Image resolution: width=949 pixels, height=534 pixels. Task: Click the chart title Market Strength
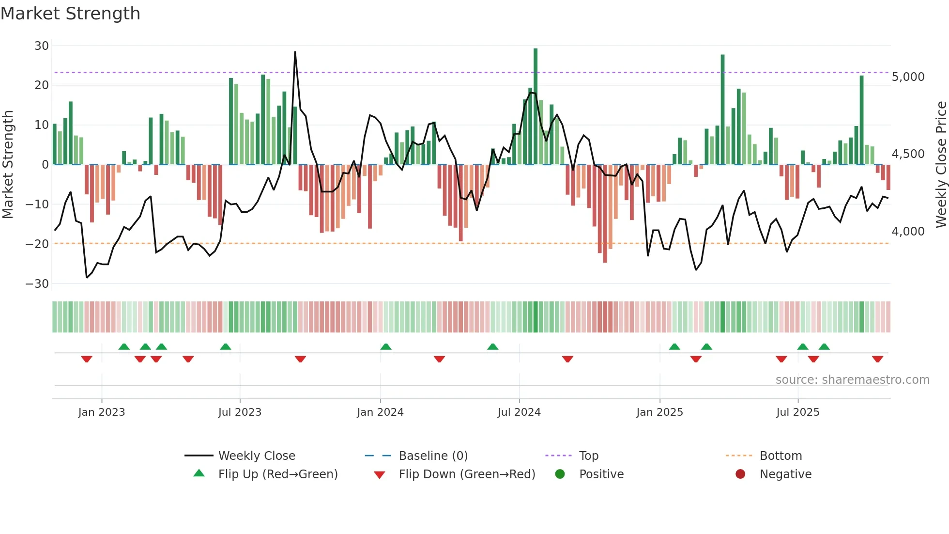pyautogui.click(x=71, y=14)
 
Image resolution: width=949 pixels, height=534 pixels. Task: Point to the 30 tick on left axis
pyautogui.click(x=42, y=46)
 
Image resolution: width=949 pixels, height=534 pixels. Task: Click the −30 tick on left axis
pyautogui.click(x=37, y=283)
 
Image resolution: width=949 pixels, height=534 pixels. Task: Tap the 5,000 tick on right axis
pyautogui.click(x=908, y=77)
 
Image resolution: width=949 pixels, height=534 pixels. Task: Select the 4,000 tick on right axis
pyautogui.click(x=908, y=232)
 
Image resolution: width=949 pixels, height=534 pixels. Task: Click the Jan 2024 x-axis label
pyautogui.click(x=380, y=412)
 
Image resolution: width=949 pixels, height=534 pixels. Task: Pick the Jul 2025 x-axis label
pyautogui.click(x=797, y=412)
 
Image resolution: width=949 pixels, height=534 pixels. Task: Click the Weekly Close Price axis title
pyautogui.click(x=941, y=165)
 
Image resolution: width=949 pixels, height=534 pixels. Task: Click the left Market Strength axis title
pyautogui.click(x=8, y=165)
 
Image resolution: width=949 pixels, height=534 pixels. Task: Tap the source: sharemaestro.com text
pyautogui.click(x=852, y=380)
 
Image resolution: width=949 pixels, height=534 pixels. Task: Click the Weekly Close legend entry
pyautogui.click(x=257, y=456)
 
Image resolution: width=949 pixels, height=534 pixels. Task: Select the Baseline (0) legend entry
pyautogui.click(x=433, y=456)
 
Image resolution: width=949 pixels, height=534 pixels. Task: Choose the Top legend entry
pyautogui.click(x=589, y=456)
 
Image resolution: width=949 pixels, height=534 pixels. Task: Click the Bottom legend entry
pyautogui.click(x=781, y=456)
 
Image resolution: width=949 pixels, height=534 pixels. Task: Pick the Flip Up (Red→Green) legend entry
pyautogui.click(x=277, y=474)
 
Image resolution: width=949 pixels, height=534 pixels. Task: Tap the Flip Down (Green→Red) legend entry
pyautogui.click(x=467, y=474)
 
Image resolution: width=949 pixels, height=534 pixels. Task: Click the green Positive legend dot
pyautogui.click(x=560, y=474)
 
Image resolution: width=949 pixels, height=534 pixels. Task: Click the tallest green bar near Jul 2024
pyautogui.click(x=536, y=107)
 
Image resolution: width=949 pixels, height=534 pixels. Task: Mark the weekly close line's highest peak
pyautogui.click(x=295, y=52)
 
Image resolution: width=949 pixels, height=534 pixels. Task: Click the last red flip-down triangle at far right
pyautogui.click(x=877, y=359)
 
